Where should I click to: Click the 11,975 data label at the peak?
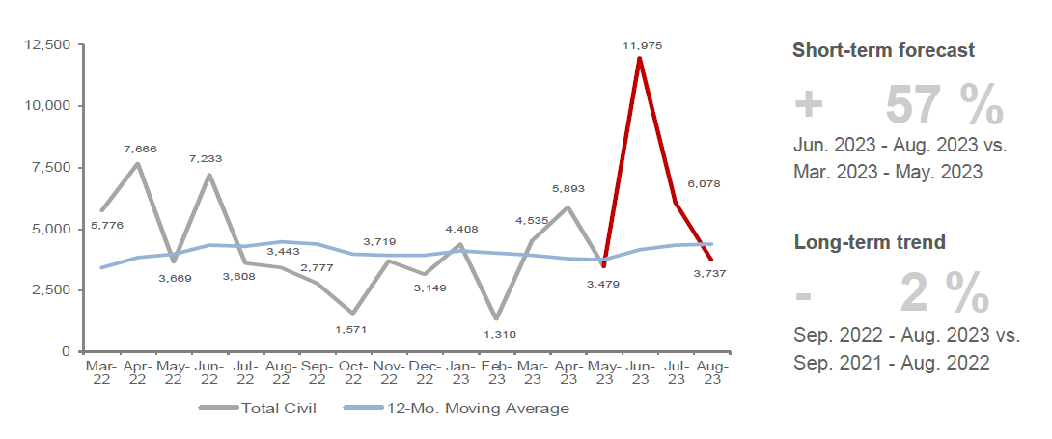click(x=643, y=45)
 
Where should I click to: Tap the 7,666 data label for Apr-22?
click(x=140, y=149)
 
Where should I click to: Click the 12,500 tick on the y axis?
click(x=47, y=44)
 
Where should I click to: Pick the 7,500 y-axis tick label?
click(x=51, y=167)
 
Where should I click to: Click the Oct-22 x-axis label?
click(x=353, y=372)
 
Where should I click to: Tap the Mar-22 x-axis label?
click(x=100, y=372)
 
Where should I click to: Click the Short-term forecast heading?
click(x=883, y=51)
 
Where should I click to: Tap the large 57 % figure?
click(x=944, y=106)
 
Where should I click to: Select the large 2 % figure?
click(x=944, y=294)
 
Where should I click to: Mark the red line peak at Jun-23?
click(x=639, y=58)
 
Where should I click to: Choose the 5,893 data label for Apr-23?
click(x=568, y=189)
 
